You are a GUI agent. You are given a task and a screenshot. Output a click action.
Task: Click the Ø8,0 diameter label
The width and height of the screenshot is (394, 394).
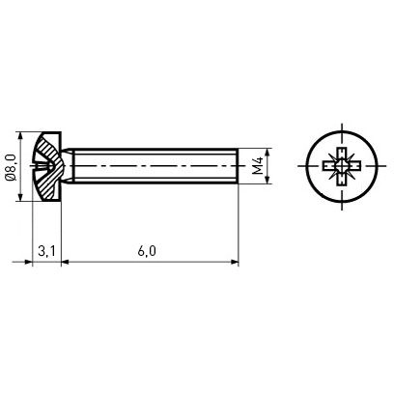point(11,167)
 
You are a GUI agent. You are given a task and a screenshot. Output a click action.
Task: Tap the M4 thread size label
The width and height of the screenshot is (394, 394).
point(258,166)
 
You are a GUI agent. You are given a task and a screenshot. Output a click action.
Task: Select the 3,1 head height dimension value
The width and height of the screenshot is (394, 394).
point(47,251)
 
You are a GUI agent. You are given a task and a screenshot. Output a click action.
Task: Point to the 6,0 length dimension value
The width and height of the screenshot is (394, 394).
point(147,251)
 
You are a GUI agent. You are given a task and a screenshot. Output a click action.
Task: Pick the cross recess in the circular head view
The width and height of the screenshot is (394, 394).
point(341,166)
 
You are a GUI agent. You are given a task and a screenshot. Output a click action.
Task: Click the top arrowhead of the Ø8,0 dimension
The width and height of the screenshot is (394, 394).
point(21,136)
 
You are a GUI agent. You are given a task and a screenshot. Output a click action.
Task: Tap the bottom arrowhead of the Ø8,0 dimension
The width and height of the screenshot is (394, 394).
point(21,197)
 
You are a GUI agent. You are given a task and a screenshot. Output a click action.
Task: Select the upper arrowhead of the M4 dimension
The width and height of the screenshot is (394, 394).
point(267,153)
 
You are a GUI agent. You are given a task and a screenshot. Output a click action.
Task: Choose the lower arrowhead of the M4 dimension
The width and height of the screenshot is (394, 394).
point(267,180)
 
